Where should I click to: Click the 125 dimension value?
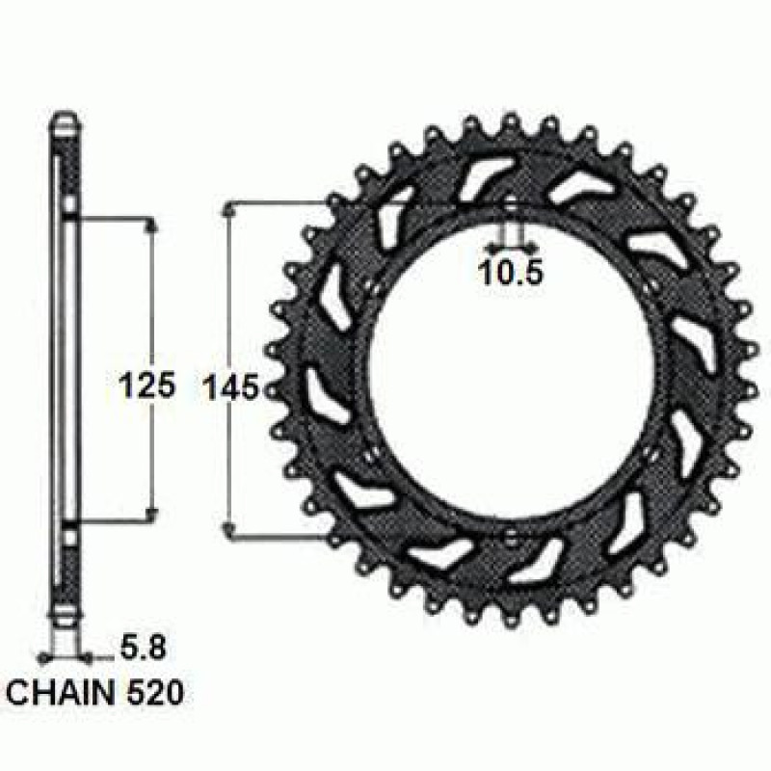click(x=147, y=385)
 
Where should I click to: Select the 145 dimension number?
click(x=231, y=386)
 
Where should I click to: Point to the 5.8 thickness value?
click(x=143, y=648)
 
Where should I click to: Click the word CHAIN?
click(x=60, y=693)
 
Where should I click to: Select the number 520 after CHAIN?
click(x=155, y=693)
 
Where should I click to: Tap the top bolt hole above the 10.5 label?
click(x=511, y=206)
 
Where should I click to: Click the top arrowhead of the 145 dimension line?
click(x=227, y=210)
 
